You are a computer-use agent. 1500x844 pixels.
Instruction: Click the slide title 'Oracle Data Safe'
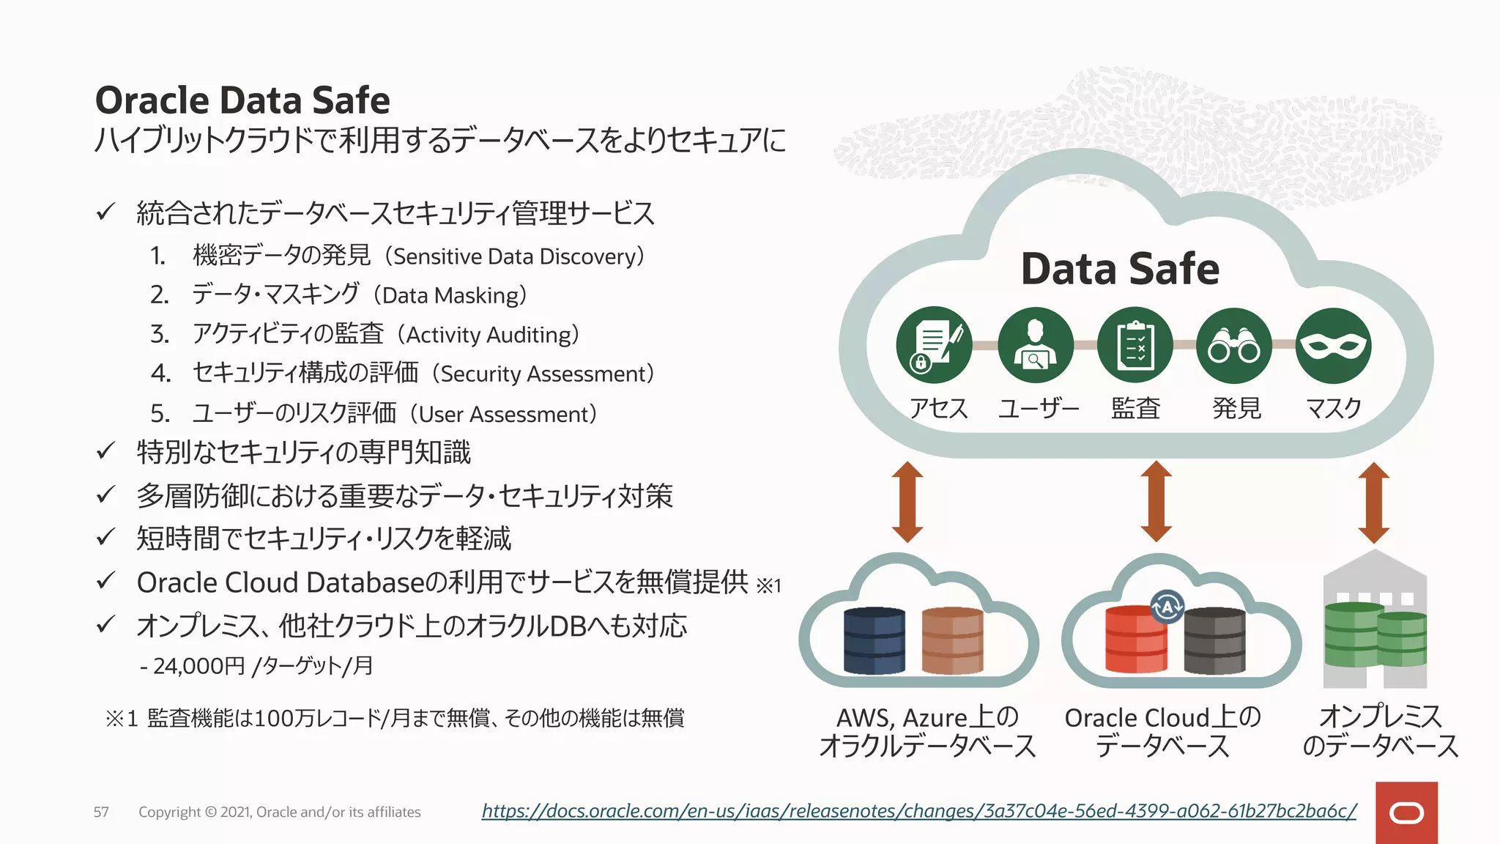click(242, 100)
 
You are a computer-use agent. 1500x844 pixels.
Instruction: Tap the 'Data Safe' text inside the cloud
click(1120, 269)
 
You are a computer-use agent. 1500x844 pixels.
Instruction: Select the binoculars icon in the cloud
click(1234, 345)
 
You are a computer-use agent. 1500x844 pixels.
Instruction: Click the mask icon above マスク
click(1333, 345)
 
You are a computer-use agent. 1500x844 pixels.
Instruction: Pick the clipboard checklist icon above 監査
click(1135, 345)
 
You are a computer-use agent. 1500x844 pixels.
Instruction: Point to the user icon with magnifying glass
click(1036, 345)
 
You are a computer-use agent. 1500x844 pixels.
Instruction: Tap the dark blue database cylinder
click(875, 640)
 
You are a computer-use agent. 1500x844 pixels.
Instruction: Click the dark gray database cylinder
click(1214, 642)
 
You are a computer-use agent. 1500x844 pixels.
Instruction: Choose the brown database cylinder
click(952, 640)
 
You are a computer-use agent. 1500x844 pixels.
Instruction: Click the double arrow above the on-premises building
click(1373, 503)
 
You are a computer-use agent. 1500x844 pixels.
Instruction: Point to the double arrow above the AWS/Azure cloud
click(907, 503)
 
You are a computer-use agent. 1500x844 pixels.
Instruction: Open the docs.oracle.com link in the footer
click(919, 811)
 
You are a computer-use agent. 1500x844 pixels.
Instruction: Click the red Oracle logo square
click(1406, 812)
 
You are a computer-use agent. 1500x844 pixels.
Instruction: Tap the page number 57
click(101, 812)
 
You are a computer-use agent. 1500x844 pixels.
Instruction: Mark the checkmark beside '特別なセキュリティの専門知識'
click(105, 451)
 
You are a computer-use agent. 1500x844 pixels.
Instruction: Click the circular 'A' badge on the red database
click(1167, 607)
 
